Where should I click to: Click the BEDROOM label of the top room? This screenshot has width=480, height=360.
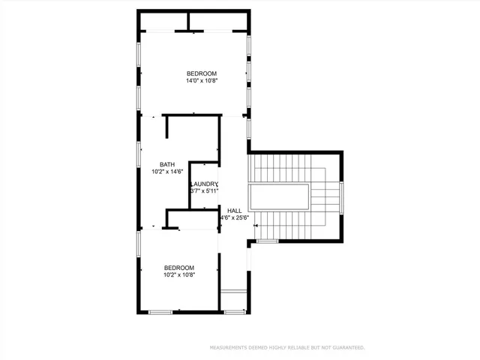click(x=202, y=73)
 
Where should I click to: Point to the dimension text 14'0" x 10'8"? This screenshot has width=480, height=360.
click(x=202, y=81)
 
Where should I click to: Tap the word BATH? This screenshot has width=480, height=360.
click(x=167, y=164)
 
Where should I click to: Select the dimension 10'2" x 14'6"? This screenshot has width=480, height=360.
click(x=167, y=172)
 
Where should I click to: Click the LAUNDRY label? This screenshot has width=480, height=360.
click(x=204, y=184)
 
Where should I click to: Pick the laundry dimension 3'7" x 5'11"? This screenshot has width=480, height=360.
click(x=204, y=192)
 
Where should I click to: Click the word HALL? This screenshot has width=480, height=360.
click(x=234, y=211)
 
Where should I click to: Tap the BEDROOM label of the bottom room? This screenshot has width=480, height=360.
click(x=179, y=268)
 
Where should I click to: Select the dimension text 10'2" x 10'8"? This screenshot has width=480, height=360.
click(x=179, y=275)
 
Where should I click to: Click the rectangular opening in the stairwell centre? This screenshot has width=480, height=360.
click(x=280, y=198)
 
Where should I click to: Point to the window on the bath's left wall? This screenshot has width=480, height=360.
click(x=138, y=153)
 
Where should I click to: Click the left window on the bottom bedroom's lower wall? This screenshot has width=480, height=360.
click(x=160, y=311)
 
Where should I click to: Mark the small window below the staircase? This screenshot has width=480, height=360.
click(x=267, y=241)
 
